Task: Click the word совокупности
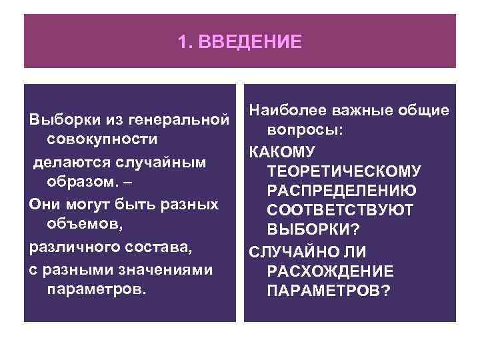coord(103,140)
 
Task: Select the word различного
coord(71,247)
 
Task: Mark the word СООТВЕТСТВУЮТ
coord(339,211)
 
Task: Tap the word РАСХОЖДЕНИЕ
coord(329,272)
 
